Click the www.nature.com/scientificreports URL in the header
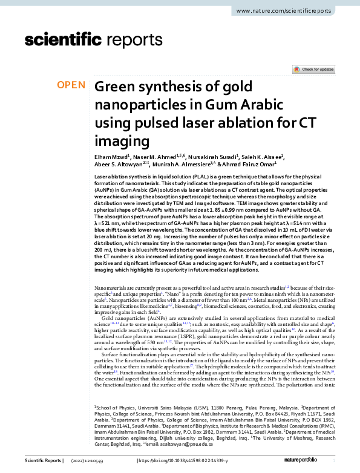click(286, 11)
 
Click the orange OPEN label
click(71, 85)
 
